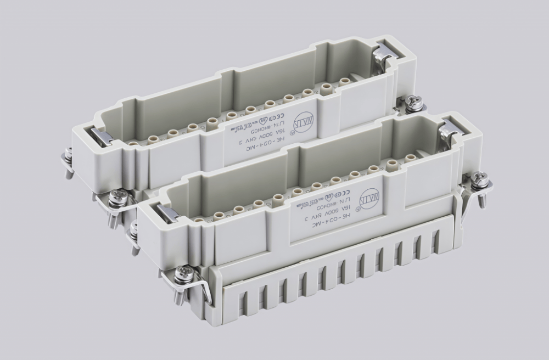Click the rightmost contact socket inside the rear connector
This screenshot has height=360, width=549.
pos(345,81)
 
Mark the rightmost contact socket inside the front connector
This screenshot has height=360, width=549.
pos(410,158)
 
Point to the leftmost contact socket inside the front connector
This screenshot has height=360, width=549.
pos(198,220)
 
